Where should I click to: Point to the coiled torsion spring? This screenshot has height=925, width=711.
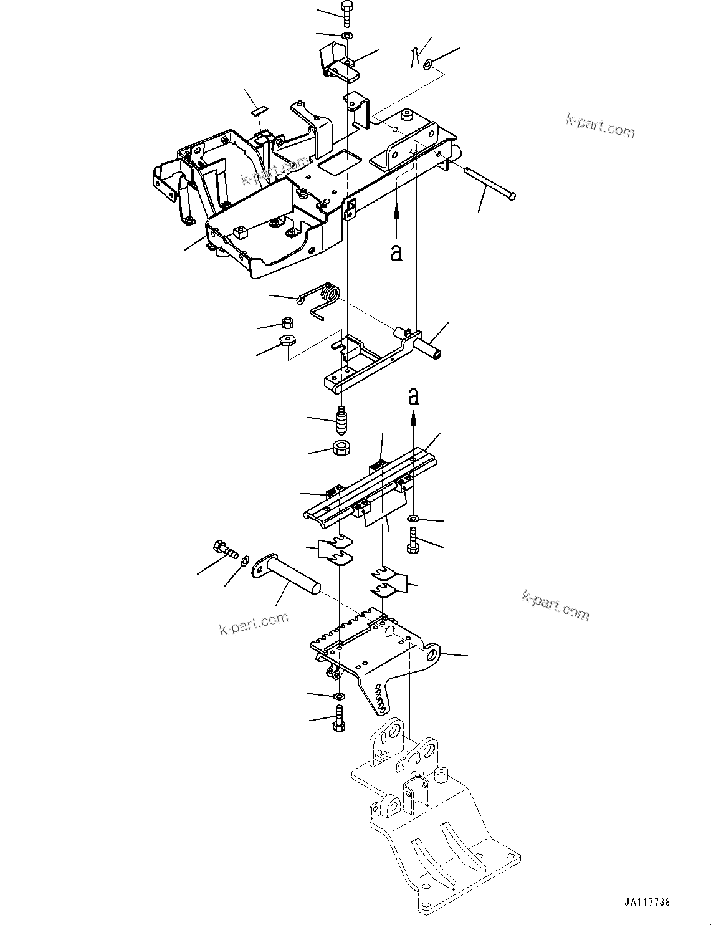[x=324, y=296]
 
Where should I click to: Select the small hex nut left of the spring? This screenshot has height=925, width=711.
[x=288, y=323]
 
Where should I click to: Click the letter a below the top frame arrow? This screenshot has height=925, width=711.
[x=396, y=252]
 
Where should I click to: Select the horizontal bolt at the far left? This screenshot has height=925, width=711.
[x=225, y=549]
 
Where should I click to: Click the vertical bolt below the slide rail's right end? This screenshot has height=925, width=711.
[x=413, y=540]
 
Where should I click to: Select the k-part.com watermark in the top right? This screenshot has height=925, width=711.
[x=600, y=127]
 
